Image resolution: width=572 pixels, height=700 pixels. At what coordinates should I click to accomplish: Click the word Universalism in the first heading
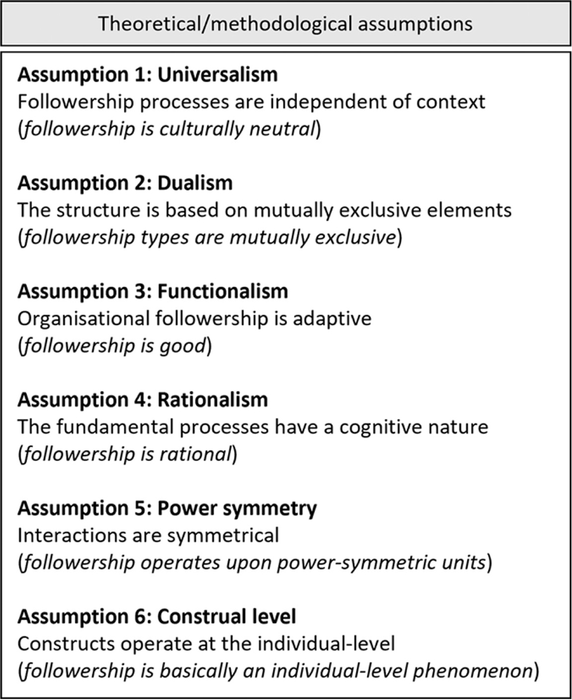point(218,75)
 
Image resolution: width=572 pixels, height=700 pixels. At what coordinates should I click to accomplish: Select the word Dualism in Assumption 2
point(195,183)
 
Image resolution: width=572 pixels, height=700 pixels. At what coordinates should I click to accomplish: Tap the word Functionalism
point(223,291)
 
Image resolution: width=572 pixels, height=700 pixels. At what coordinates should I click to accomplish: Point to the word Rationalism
point(212,400)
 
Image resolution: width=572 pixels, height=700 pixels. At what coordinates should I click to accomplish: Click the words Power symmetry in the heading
point(237,509)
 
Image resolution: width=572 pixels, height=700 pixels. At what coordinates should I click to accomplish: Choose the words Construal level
point(226,617)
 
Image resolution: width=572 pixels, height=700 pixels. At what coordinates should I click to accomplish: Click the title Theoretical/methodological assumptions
point(285,24)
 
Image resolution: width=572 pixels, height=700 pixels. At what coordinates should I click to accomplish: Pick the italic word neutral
point(281,129)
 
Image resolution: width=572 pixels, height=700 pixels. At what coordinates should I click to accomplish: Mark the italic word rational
point(195,454)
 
